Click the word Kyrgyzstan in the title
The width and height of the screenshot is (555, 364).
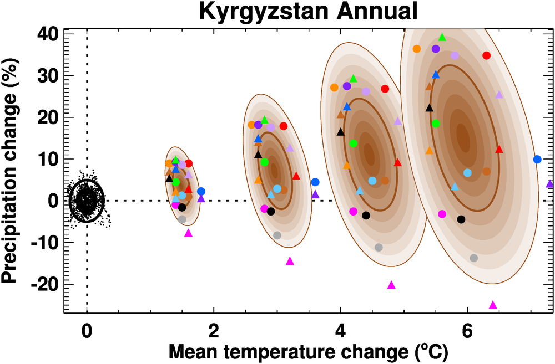254,11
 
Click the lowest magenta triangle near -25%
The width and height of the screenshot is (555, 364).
492,305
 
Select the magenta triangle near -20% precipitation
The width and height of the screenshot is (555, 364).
391,285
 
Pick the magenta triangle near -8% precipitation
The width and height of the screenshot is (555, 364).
188,233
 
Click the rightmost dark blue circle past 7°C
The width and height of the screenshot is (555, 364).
537,160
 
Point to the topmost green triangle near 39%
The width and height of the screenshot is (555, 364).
442,37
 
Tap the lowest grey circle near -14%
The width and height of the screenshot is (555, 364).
473,258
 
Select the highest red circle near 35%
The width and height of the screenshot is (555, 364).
486,55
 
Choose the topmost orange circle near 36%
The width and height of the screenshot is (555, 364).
417,49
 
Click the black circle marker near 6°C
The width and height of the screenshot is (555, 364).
461,219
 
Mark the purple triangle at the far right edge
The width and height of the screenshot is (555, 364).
549,183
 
